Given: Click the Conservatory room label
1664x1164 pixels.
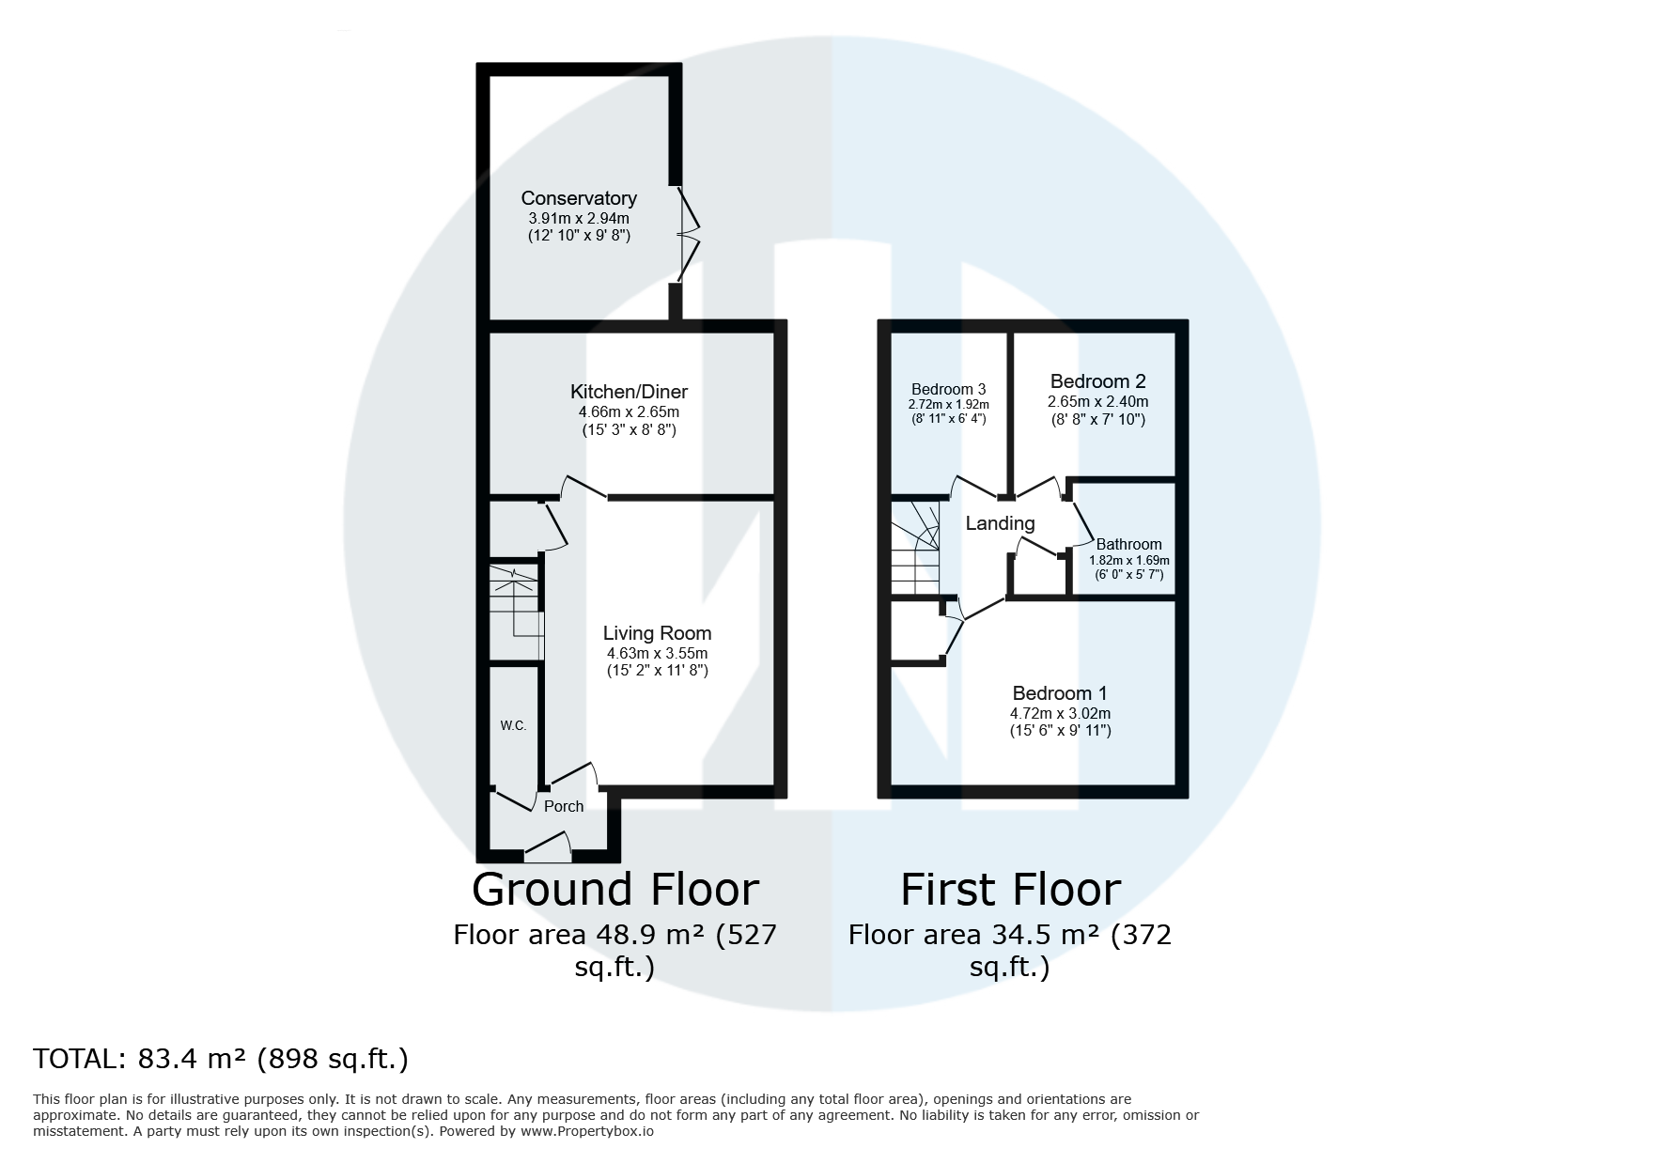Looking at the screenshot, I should [579, 198].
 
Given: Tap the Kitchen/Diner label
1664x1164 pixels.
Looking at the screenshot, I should [629, 392].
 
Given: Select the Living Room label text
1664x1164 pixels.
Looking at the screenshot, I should [657, 633].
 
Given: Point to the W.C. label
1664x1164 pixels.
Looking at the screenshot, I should [513, 725].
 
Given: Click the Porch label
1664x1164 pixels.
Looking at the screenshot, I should [564, 806].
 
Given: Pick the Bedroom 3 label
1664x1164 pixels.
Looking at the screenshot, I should [948, 389].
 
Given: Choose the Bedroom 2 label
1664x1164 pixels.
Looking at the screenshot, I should [1097, 381].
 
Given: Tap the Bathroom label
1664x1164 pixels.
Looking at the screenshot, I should [1128, 544].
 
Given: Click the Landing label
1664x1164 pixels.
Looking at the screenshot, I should [1000, 523].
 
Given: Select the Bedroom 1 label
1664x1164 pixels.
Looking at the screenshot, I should [1060, 693].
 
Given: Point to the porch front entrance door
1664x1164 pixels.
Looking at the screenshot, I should [549, 847].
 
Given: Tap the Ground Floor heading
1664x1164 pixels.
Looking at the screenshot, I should [614, 889].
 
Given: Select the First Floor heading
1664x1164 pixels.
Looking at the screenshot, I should [1010, 889].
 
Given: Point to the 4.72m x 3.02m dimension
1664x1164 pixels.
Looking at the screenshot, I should [1060, 713].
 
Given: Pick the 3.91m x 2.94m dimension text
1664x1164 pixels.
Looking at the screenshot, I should [579, 219].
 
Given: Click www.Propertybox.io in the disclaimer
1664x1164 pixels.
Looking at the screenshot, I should [587, 1131].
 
